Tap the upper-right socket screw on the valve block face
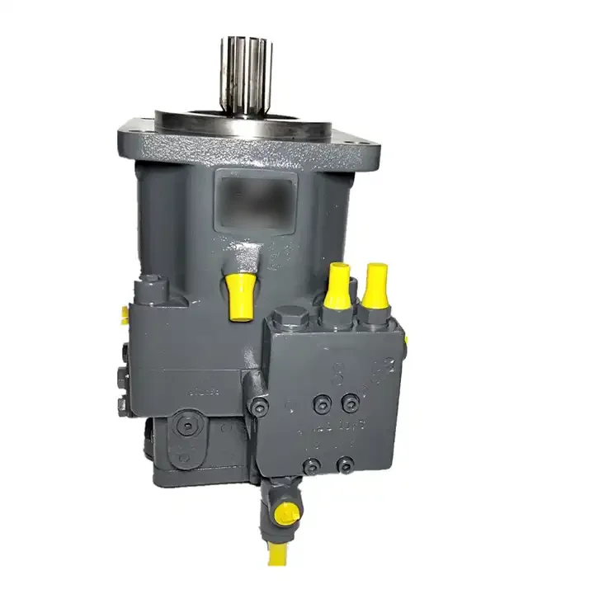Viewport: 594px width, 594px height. coord(351,401)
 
